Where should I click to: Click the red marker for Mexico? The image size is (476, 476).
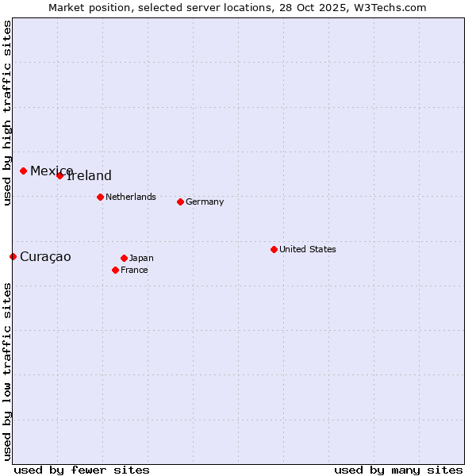[23, 171]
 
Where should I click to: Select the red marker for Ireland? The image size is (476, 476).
[59, 175]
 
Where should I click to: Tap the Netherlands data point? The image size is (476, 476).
[100, 197]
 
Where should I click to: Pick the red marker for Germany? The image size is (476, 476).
[180, 202]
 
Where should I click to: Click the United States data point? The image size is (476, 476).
[274, 249]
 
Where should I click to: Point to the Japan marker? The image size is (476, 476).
[124, 258]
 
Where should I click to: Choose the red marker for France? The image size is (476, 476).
[115, 270]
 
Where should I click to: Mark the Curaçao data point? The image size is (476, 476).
[13, 256]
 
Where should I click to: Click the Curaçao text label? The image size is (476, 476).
[45, 257]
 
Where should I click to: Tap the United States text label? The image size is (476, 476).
[308, 249]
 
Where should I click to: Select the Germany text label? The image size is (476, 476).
[205, 202]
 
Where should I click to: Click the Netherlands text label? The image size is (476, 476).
[131, 197]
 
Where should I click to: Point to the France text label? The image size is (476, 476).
[134, 270]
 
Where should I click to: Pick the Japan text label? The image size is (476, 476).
[141, 258]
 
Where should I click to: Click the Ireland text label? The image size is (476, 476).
[90, 176]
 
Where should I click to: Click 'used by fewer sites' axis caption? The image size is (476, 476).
[82, 470]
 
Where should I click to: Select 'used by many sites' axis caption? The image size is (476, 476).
[398, 470]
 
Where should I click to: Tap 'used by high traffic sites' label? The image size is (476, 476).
[7, 113]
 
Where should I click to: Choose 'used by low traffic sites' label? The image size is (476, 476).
[7, 370]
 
